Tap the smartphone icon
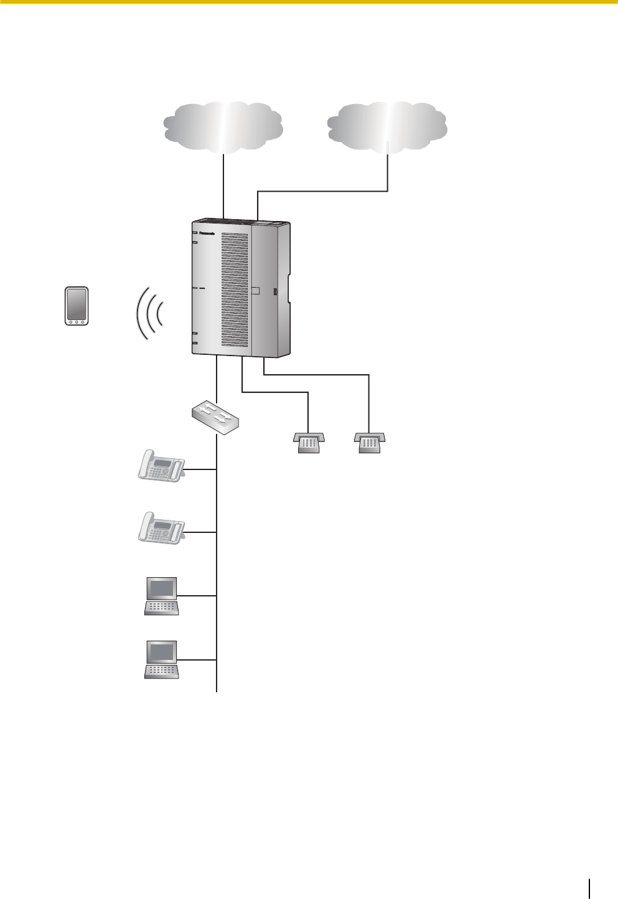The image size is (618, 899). (x=77, y=306)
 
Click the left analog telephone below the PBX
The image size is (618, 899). (x=307, y=443)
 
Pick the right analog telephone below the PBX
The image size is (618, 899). (x=369, y=443)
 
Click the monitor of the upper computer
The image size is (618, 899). (x=161, y=588)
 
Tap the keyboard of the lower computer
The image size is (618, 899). (x=161, y=671)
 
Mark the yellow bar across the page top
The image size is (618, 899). (x=309, y=2)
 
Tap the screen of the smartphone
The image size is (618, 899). (x=77, y=303)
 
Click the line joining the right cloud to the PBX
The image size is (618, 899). (x=324, y=191)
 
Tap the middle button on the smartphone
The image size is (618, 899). (x=77, y=321)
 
